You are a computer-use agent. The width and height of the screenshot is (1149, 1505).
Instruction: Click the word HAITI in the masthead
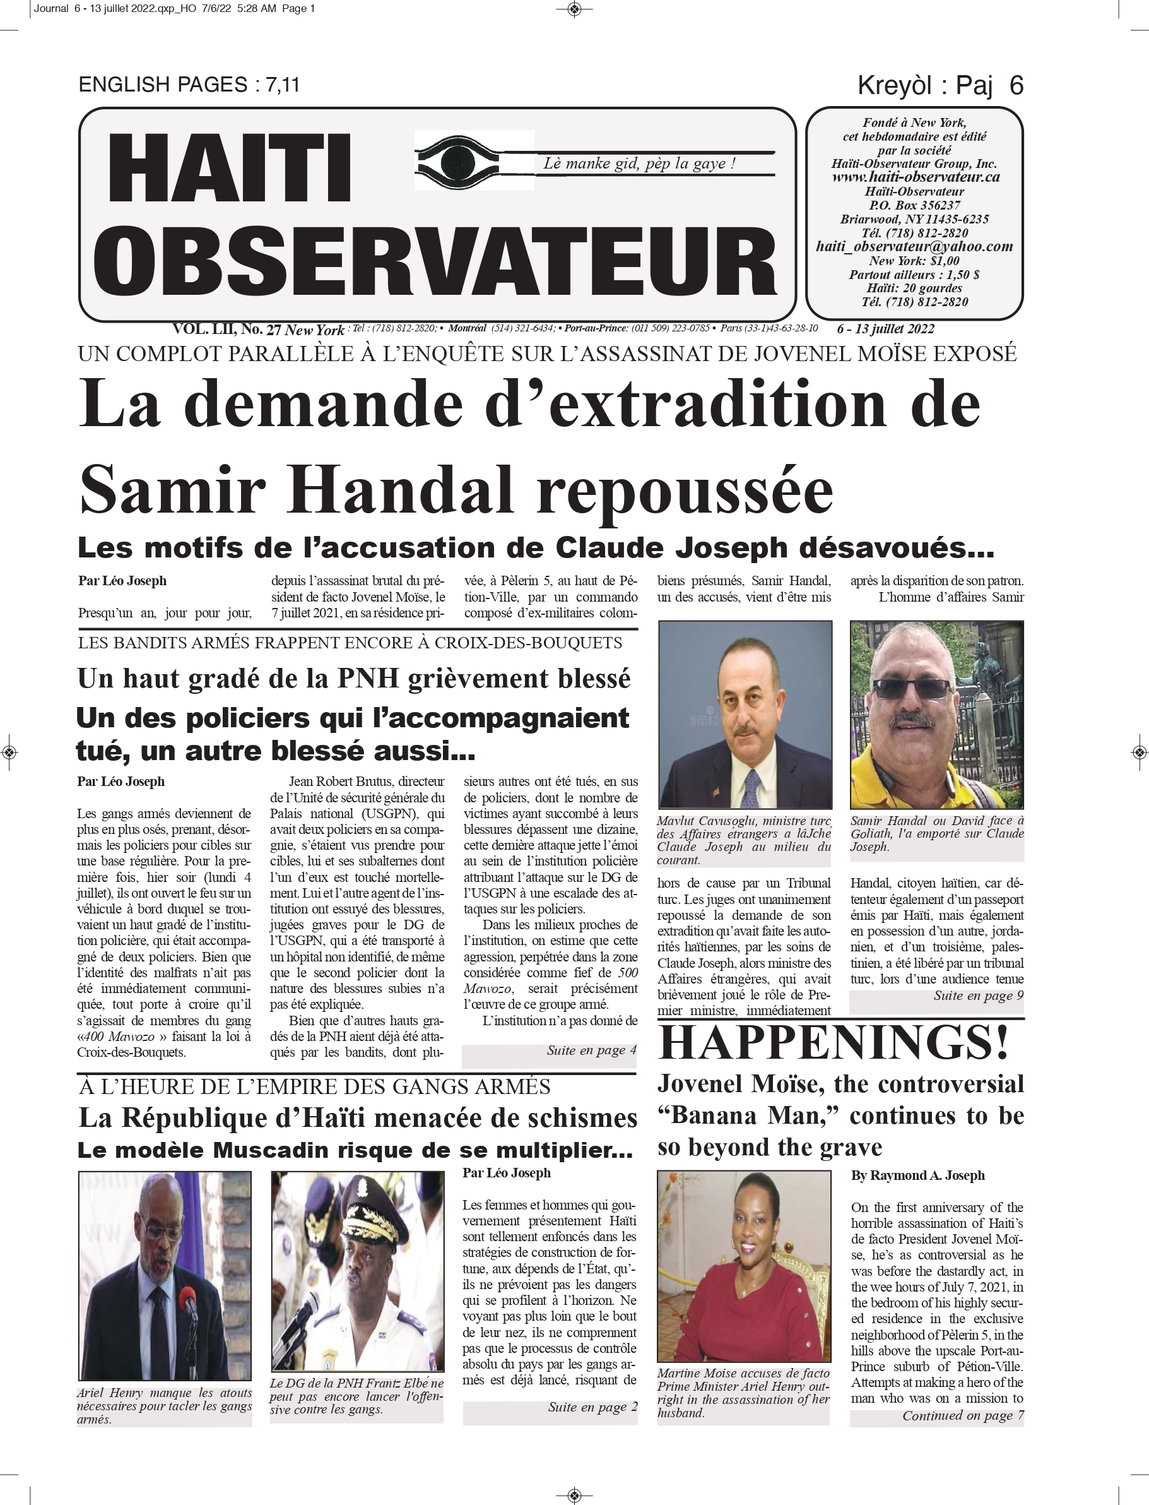click(229, 169)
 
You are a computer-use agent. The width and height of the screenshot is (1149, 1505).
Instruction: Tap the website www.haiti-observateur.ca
click(915, 177)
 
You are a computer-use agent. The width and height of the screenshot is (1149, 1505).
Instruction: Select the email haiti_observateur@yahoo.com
click(914, 246)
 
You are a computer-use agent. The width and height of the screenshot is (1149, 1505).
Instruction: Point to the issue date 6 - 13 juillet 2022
click(885, 329)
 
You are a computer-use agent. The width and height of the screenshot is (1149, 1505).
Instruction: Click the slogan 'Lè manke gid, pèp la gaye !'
click(639, 164)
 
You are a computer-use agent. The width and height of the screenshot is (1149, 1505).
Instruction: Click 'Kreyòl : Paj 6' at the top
click(940, 85)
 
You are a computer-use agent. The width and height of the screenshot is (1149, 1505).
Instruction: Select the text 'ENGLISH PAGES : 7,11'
click(189, 85)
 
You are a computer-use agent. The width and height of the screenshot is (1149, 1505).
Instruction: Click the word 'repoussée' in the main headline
click(685, 491)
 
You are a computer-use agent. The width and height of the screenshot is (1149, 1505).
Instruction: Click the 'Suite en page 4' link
click(591, 1050)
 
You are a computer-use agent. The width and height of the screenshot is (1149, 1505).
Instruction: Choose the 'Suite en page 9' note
click(978, 996)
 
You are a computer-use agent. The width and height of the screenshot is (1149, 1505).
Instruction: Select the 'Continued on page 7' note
click(962, 1415)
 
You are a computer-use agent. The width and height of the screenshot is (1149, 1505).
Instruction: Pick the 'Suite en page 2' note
click(592, 1407)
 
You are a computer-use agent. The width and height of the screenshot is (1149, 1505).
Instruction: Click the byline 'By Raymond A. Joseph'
click(917, 1175)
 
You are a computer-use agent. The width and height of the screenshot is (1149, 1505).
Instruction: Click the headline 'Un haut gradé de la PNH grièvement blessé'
click(353, 679)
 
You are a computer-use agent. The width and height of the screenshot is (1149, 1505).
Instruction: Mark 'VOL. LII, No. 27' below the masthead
click(227, 329)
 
